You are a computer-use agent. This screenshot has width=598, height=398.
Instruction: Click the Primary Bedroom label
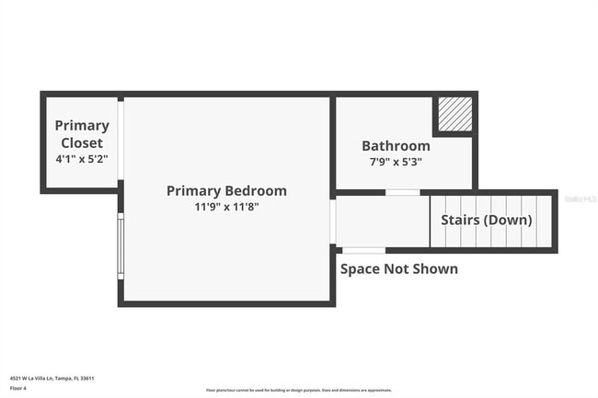pos(226,191)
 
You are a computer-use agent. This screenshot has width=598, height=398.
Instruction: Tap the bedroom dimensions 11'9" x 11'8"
pos(226,207)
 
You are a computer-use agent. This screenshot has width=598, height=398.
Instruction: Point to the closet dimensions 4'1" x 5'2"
pos(82,158)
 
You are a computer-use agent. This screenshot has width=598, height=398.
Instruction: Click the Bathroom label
pos(396,145)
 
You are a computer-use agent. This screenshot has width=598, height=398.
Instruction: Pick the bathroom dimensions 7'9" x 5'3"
pos(396,162)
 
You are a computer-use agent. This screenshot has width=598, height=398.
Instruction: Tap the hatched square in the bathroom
pos(454,115)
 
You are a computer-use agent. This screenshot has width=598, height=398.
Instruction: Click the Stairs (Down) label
pos(486,221)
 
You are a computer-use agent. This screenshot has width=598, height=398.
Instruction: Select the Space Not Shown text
pos(399,268)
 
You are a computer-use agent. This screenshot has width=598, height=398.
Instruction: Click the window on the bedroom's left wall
pos(121,245)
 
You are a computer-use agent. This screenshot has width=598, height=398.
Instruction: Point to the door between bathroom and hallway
pos(402,192)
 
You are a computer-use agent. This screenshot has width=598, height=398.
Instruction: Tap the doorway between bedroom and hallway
pos(333,221)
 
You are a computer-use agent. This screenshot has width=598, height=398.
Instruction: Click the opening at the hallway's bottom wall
pos(363,250)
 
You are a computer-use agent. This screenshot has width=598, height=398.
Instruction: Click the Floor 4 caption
pos(19,389)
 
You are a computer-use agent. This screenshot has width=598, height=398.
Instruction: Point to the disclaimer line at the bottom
pos(299,391)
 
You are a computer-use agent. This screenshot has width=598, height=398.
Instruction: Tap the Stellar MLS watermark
pos(579,198)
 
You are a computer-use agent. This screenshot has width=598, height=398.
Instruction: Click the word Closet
pos(82,142)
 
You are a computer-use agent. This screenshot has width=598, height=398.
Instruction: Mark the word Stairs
pos(461,221)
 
